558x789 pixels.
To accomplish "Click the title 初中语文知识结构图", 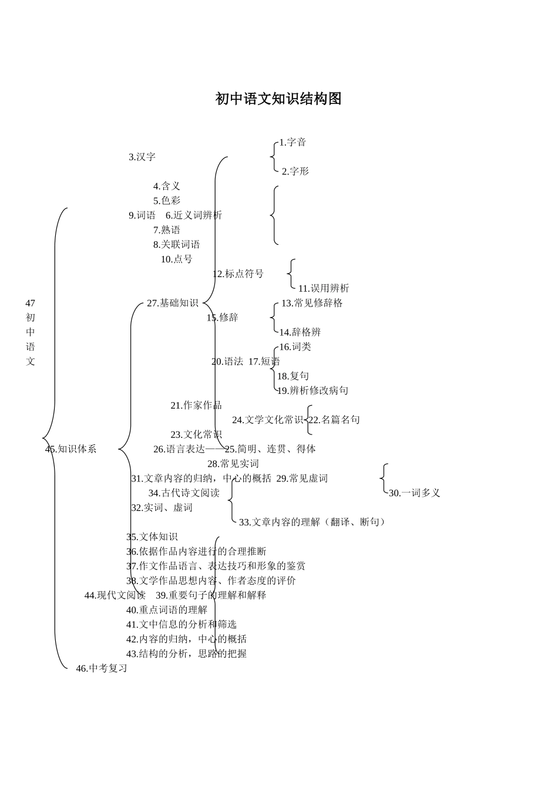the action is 278,99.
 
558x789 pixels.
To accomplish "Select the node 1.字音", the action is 293,142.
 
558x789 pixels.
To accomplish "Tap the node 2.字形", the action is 295,171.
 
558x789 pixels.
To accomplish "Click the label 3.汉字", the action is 142,157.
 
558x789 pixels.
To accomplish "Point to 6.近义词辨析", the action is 194,215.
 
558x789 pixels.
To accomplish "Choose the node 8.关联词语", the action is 176,244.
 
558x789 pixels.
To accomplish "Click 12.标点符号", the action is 238,274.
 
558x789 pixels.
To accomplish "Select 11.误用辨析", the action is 323,288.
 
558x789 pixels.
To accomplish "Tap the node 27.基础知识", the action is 173,303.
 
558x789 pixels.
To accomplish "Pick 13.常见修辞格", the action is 312,303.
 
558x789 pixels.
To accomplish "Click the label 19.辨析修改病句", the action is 312,390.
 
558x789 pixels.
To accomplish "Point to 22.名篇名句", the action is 334,420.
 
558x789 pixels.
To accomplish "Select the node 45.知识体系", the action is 71,449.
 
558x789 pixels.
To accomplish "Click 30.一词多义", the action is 414,493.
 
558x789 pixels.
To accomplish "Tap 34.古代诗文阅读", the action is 184,493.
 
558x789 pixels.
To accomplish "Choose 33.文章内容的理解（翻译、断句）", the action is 312,522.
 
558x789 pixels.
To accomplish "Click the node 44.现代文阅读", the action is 115,595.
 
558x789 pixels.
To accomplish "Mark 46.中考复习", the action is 102,668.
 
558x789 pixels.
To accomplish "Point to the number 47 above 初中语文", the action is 30,303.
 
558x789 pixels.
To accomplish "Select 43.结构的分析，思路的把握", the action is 186,653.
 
